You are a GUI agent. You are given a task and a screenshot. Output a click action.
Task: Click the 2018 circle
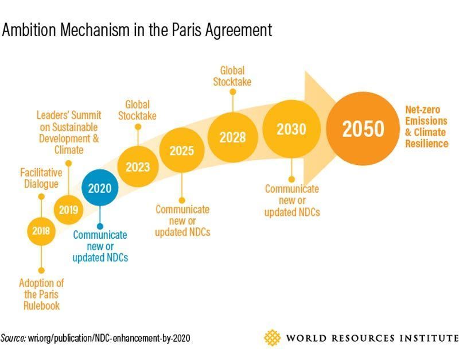pos(41,231)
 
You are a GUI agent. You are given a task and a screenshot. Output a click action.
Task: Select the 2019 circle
pos(68,210)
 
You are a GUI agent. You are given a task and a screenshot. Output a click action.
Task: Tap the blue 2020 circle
pos(100,188)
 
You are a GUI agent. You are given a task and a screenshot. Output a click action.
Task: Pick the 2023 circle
pos(138,167)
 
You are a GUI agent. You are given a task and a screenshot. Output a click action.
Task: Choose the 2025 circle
pos(181,151)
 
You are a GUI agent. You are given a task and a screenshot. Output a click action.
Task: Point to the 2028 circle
pos(232,137)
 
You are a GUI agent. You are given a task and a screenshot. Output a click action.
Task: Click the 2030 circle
pos(291,130)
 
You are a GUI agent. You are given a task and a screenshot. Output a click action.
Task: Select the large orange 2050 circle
pos(364,129)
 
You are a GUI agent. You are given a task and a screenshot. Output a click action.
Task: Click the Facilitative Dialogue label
pos(40,177)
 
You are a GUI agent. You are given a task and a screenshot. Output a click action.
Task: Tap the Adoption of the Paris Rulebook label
pos(41,294)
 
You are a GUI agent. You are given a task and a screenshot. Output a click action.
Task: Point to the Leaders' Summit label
pos(68,132)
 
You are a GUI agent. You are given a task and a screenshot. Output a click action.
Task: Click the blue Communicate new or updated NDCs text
pos(100,246)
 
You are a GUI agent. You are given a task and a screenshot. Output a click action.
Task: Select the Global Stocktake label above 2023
pos(138,110)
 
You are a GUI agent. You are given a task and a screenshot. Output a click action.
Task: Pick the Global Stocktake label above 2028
pos(232,76)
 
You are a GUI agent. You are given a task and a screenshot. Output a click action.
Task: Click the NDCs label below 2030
pos(292,200)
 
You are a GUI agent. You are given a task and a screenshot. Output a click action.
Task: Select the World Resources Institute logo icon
pos(273,338)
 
